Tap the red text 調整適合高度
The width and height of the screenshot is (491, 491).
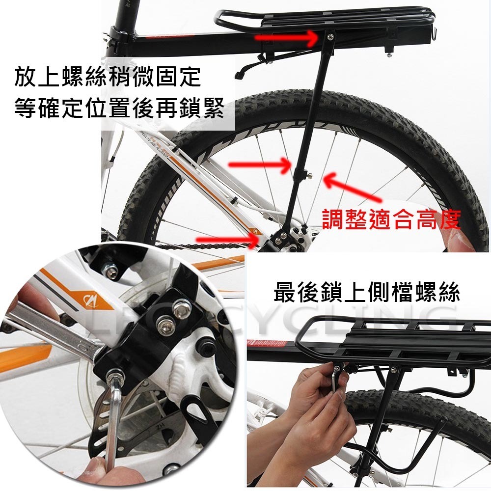pos(391,220)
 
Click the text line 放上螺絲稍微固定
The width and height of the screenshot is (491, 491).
pos(108,77)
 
